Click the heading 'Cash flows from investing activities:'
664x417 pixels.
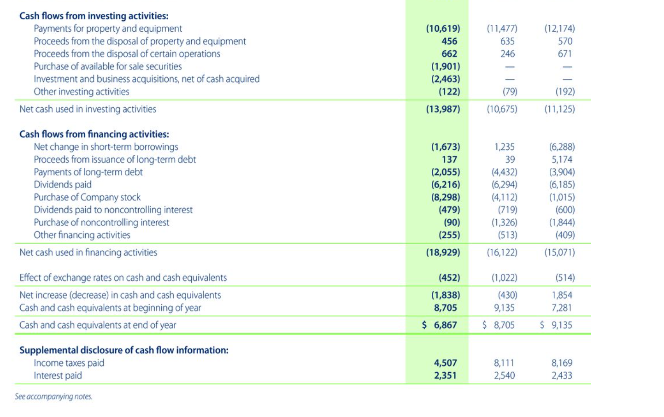tap(94, 16)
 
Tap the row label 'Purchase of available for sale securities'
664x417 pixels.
tap(108, 66)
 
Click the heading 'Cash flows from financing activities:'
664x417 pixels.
tap(94, 135)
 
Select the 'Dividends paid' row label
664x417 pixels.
tap(63, 185)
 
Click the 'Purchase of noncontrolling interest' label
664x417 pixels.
tap(101, 223)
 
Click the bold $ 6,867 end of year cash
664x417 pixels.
tap(440, 325)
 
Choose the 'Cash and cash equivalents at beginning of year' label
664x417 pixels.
tap(110, 308)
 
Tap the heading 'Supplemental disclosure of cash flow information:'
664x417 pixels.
tap(123, 350)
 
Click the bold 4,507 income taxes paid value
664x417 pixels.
tap(445, 363)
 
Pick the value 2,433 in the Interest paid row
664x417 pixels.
tap(562, 376)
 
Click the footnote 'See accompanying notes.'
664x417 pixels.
tap(53, 397)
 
